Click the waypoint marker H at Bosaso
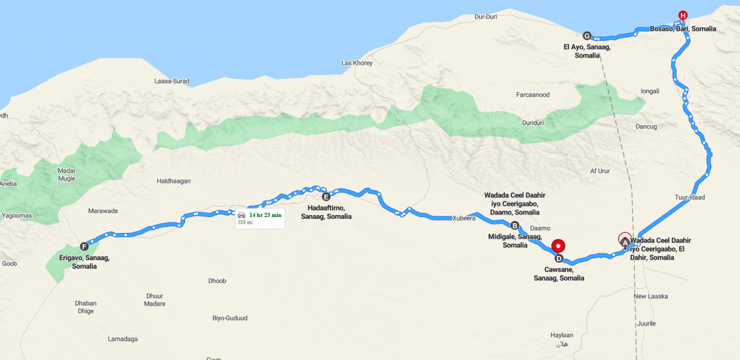tap(682, 15)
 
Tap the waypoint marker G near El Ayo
tap(586, 35)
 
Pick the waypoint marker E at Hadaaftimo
tap(326, 197)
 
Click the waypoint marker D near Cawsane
tap(559, 258)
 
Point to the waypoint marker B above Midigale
tap(515, 225)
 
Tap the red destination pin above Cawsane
tap(558, 244)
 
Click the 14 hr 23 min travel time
tap(265, 215)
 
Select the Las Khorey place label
tap(356, 63)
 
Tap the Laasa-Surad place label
tap(172, 81)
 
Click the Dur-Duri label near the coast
tap(487, 17)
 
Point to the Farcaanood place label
tap(532, 95)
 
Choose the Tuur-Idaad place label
tap(689, 197)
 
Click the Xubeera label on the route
tap(464, 218)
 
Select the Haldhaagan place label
tap(174, 181)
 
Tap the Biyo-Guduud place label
tap(229, 318)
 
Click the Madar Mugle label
tap(66, 174)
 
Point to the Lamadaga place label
tap(123, 339)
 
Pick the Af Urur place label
tap(599, 171)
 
